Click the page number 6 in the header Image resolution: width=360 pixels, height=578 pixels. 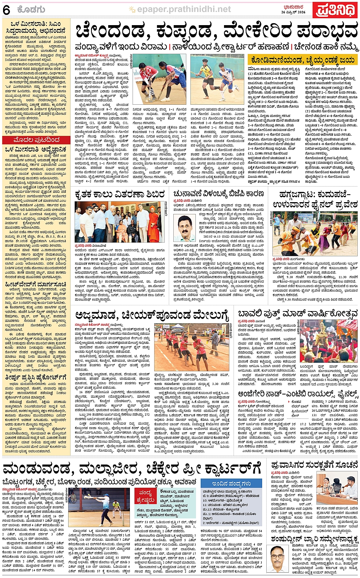[x=6, y=10]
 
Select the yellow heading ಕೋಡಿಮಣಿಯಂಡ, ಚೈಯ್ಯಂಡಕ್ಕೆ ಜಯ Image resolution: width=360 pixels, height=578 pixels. [x=302, y=60]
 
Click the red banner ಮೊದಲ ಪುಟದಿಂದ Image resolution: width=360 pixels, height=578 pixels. [x=36, y=140]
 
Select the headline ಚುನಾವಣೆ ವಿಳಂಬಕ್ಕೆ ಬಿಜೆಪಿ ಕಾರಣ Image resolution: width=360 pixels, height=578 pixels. [x=219, y=194]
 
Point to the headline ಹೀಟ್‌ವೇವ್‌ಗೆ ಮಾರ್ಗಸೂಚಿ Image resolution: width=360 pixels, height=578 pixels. [x=36, y=284]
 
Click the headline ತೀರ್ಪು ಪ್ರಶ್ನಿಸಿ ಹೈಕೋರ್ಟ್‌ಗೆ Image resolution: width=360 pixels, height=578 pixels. [x=36, y=377]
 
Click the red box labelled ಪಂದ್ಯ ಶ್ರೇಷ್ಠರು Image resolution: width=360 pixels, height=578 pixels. [x=145, y=496]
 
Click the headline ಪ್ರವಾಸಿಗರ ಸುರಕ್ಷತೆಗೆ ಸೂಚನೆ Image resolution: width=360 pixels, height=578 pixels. [x=314, y=465]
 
